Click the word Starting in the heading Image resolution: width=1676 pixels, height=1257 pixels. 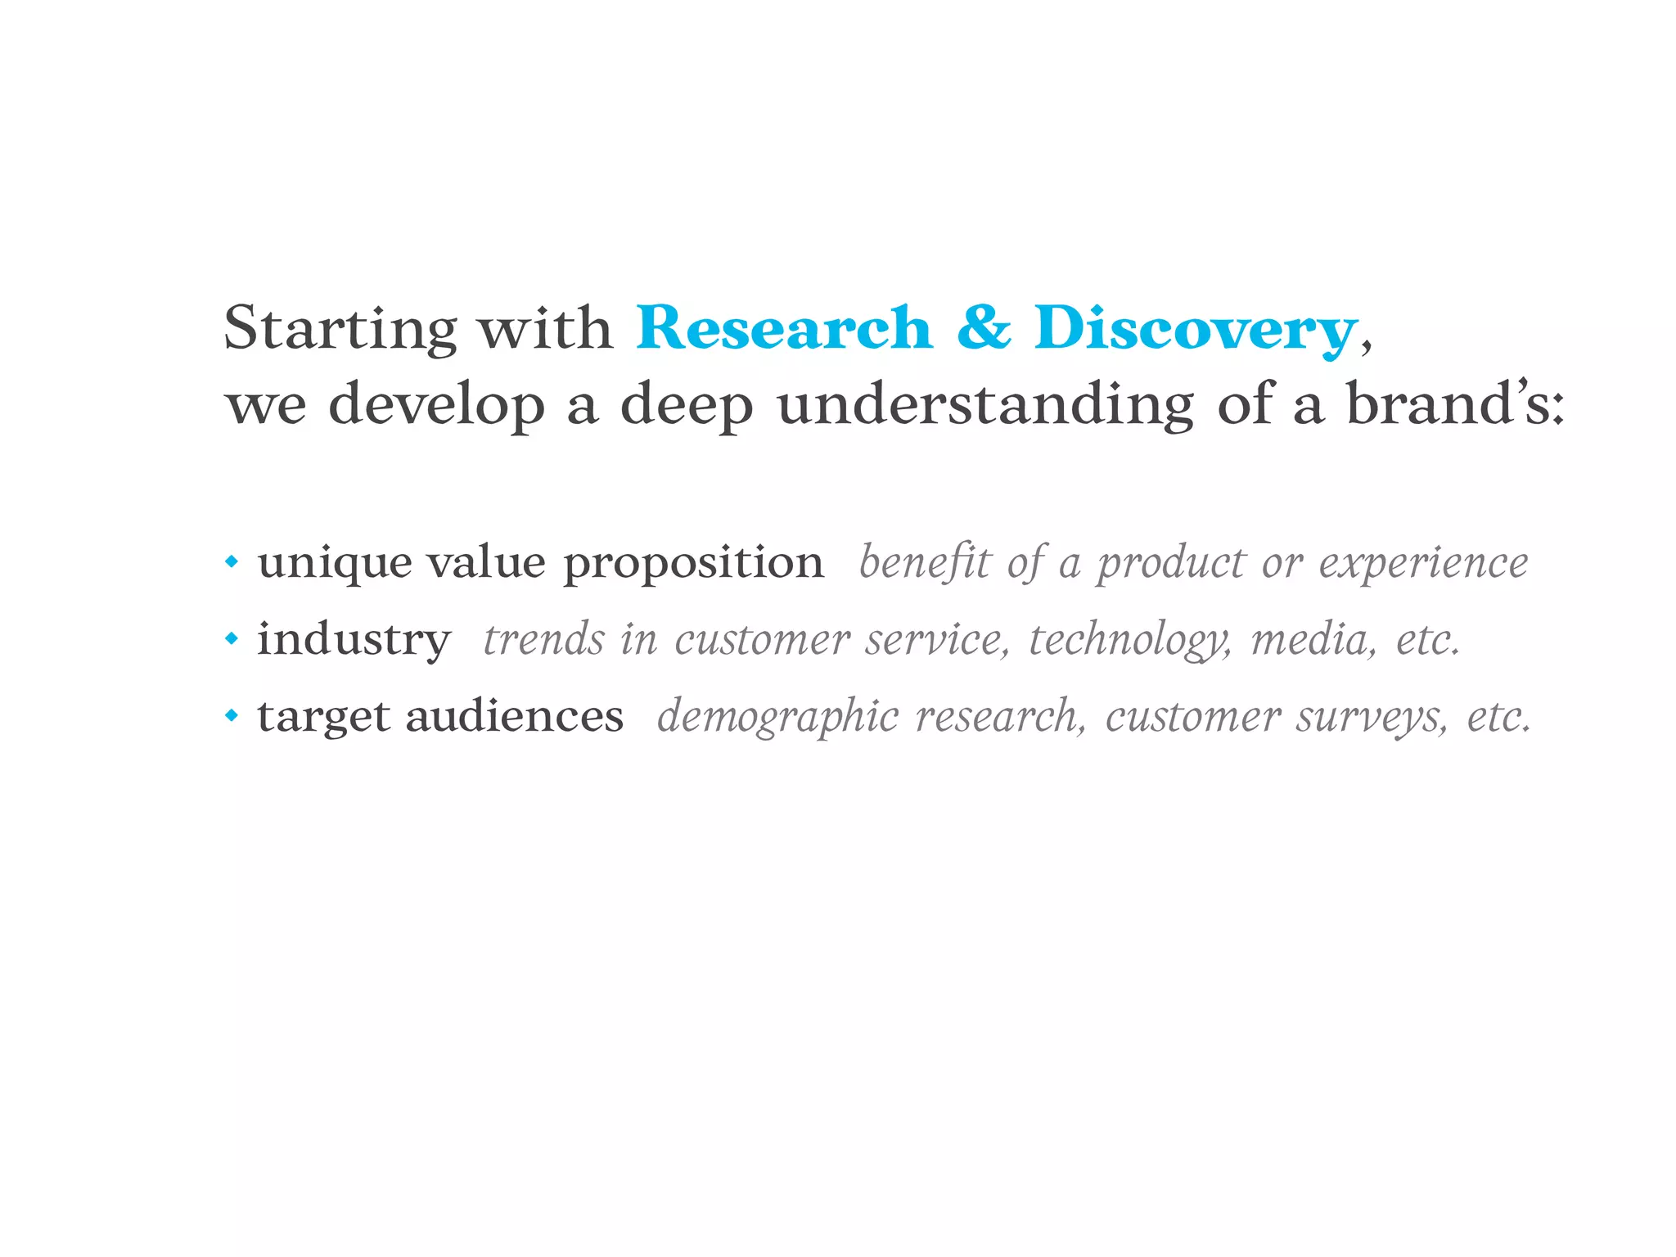340,329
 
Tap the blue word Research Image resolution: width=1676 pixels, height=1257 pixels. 784,329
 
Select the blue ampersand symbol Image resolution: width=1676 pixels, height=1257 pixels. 983,327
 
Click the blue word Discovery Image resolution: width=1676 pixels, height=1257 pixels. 1195,329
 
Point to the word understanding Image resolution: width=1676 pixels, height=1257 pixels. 985,404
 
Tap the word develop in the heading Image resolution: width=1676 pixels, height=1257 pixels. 436,406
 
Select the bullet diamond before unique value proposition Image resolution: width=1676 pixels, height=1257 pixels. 232,562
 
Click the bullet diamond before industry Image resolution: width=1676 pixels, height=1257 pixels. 232,638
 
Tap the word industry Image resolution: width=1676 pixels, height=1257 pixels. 354,640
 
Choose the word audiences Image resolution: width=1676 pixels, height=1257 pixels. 514,716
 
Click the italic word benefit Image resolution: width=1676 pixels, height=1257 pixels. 925,563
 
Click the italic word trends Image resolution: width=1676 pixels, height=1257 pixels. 543,639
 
